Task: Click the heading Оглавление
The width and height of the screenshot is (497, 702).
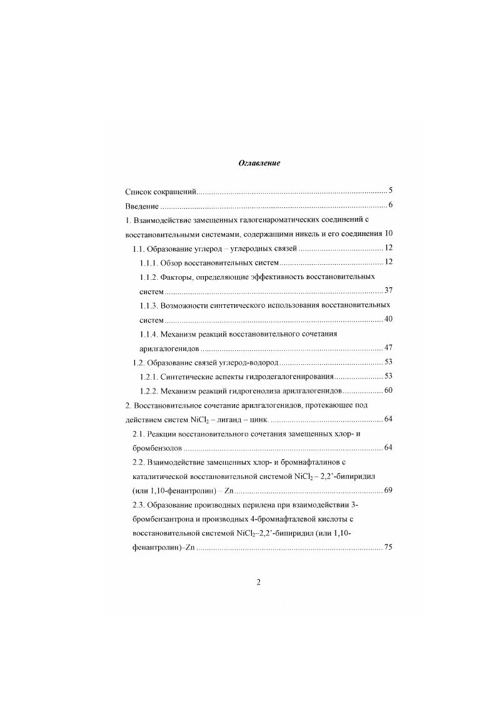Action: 259,163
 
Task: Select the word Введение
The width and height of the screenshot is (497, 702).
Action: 141,205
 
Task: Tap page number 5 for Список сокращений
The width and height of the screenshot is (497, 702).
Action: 389,190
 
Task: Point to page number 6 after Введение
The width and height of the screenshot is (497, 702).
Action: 389,205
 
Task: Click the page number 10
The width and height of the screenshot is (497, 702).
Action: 388,233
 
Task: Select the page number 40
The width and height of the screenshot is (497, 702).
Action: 388,319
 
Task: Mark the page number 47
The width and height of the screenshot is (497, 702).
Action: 388,348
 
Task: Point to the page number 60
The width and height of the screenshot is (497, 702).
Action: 388,391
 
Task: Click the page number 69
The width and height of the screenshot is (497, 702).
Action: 388,490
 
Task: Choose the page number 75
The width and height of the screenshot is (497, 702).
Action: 388,547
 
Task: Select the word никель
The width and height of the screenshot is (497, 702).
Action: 310,234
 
